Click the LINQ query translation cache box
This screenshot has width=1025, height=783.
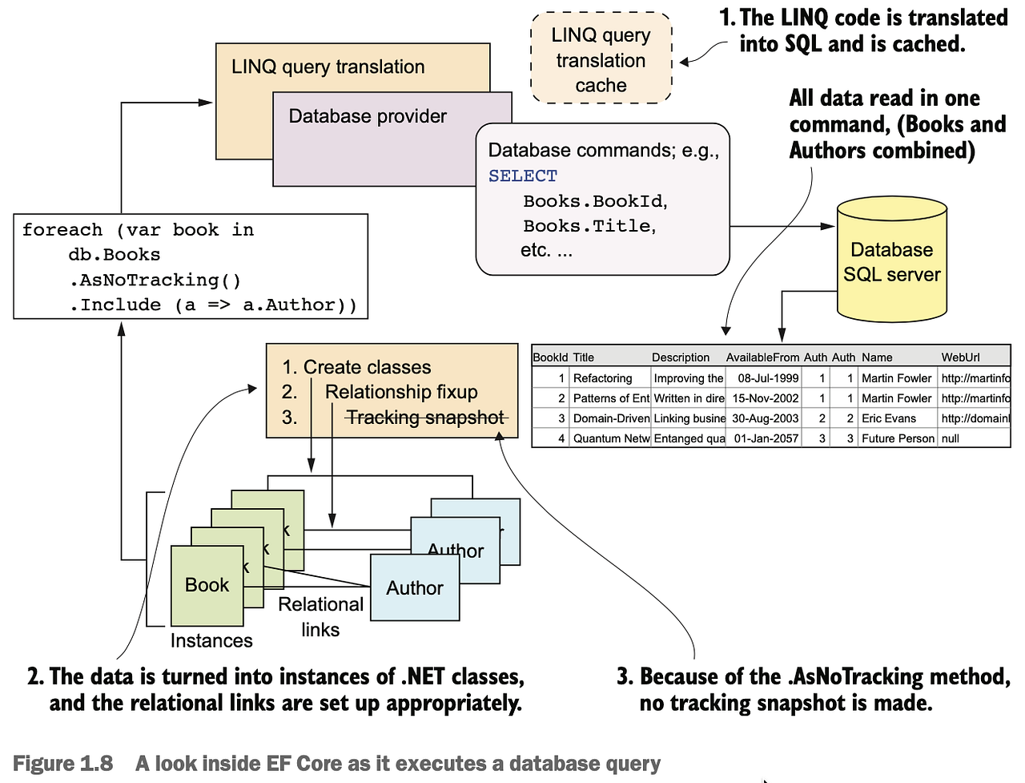coord(601,59)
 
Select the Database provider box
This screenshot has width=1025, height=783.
coord(368,117)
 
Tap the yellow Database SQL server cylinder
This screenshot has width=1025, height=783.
coord(891,262)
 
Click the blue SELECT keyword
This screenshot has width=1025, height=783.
coord(523,176)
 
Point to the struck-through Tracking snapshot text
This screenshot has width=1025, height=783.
coord(425,418)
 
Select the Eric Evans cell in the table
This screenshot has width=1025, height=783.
coord(889,418)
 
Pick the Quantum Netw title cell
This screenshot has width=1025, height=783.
coord(611,438)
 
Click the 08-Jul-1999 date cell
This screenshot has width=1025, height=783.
coord(767,378)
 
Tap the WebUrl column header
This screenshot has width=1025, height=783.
coord(960,357)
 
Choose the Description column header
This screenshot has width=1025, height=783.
coord(681,357)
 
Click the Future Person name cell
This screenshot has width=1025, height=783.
coord(898,438)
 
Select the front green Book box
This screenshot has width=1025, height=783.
coord(207,586)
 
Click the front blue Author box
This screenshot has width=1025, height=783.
coord(414,588)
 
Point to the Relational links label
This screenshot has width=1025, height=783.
coord(320,616)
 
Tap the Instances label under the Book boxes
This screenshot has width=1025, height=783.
coord(211,640)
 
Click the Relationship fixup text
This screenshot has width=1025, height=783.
coord(401,392)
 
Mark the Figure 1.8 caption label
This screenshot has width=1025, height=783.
coord(63,763)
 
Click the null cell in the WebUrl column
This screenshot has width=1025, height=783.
coord(951,438)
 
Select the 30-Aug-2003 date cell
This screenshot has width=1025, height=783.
coord(765,418)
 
